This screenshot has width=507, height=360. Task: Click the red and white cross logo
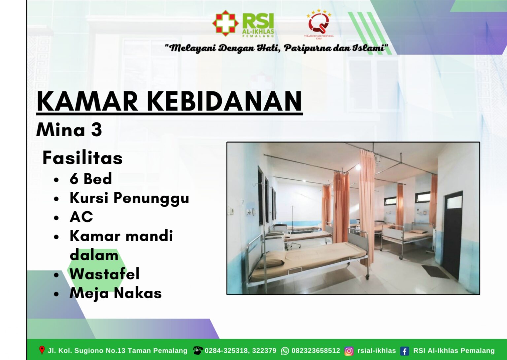[x=225, y=23]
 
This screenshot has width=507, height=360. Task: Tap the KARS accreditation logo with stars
[x=319, y=24]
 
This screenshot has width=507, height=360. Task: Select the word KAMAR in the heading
[x=87, y=101]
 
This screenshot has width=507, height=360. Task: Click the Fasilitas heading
[x=83, y=158]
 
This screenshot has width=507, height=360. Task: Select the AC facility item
[x=81, y=217]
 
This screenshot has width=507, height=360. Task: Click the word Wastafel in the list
[x=104, y=274]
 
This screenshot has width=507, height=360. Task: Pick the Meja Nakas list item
[x=116, y=293]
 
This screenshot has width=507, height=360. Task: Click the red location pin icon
[x=42, y=350]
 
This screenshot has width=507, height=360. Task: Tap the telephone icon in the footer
[x=198, y=350]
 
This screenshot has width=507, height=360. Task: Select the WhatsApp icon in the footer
[x=285, y=351]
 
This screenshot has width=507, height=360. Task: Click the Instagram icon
[x=349, y=351]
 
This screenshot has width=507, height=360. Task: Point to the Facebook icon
[x=404, y=351]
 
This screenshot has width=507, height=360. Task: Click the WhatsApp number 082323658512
[x=316, y=350]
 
